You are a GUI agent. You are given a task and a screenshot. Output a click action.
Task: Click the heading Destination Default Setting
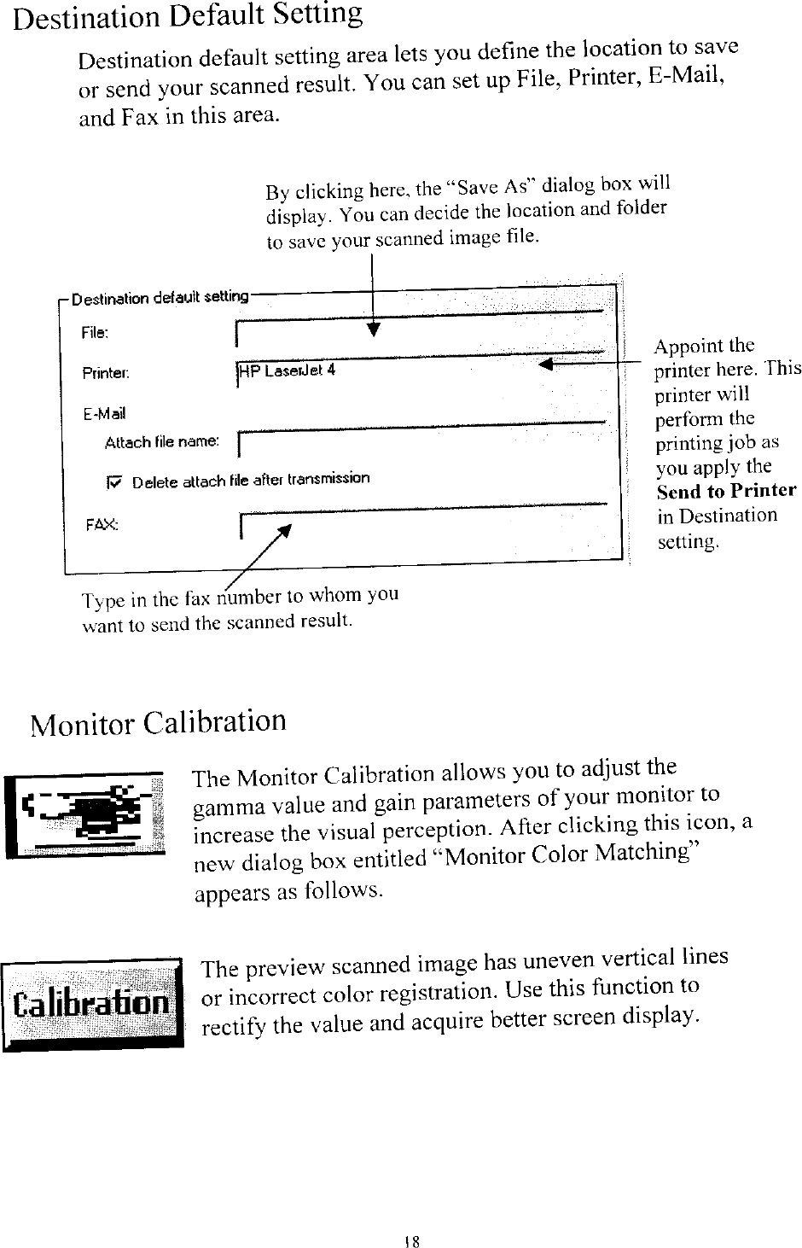[188, 16]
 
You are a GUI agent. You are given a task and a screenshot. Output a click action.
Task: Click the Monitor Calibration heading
[158, 723]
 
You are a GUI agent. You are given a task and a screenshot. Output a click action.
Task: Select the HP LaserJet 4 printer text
[288, 370]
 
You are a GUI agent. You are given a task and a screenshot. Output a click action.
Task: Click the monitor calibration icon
[84, 814]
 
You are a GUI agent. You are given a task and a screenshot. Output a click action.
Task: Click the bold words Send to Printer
[726, 491]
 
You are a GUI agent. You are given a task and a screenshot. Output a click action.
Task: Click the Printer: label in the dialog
[105, 373]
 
